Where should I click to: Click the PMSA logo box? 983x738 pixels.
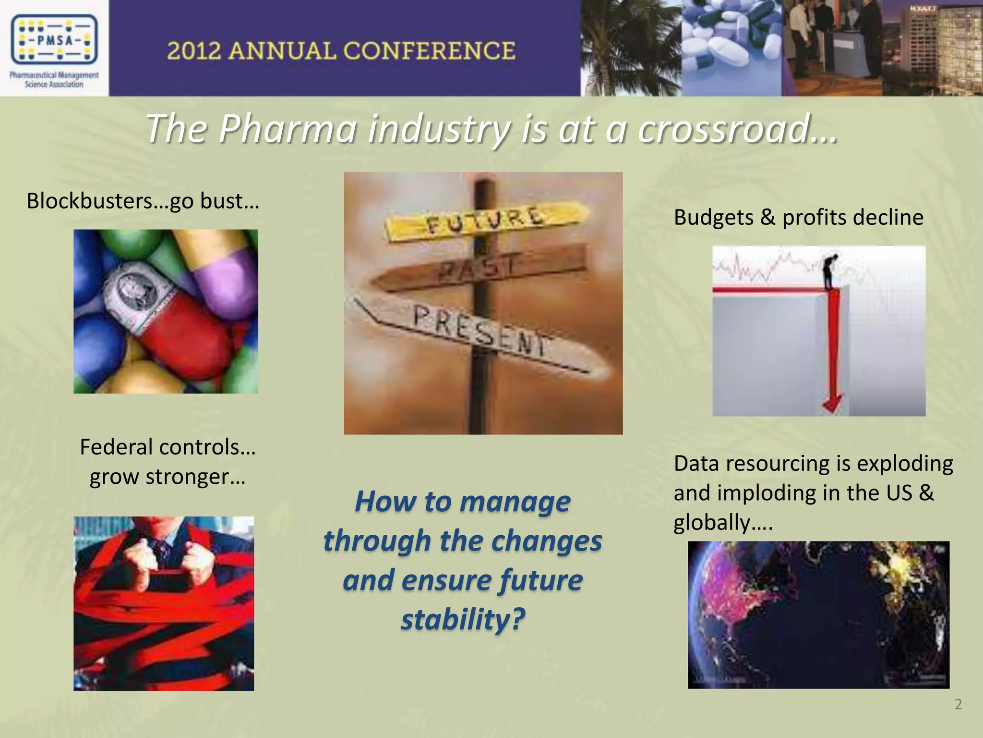pos(54,40)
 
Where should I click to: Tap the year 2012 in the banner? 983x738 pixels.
pos(194,51)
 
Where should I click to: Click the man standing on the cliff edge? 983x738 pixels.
pos(829,271)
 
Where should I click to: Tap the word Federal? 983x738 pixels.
pos(116,447)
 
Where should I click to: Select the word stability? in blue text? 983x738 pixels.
pos(463,619)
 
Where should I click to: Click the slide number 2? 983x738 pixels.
pos(958,704)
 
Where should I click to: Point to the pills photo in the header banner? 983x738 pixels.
pos(732,48)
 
